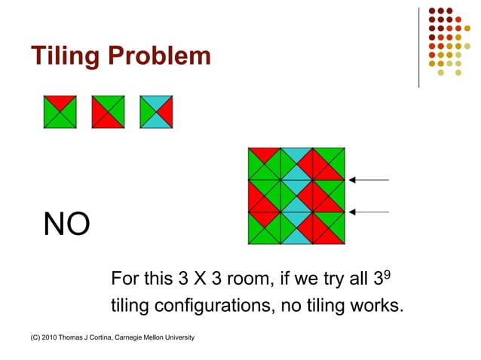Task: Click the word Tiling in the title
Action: (x=63, y=56)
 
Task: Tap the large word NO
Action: (x=66, y=224)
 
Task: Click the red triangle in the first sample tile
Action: (x=60, y=101)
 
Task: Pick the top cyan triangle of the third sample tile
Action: (x=156, y=102)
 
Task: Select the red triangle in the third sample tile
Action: (x=165, y=111)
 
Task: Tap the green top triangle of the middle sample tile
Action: (x=108, y=102)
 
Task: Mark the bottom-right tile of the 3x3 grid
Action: (x=329, y=229)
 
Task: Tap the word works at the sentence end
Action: (x=378, y=307)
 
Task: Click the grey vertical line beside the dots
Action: (x=418, y=47)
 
